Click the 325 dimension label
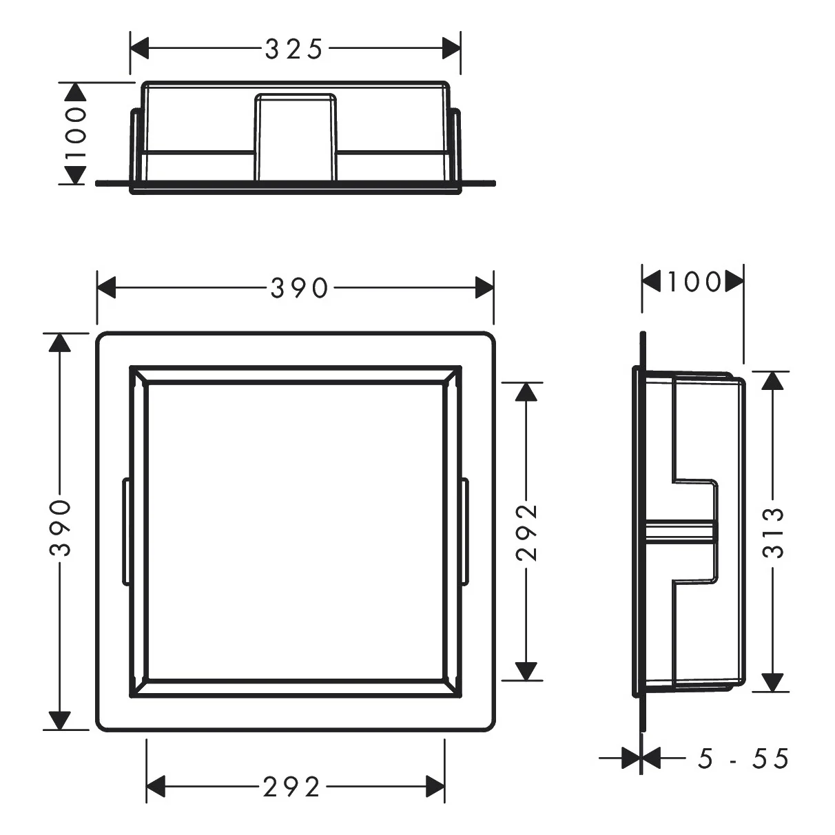(x=294, y=49)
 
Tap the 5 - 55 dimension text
(x=743, y=759)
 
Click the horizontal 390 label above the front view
(x=300, y=288)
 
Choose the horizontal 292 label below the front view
(x=292, y=786)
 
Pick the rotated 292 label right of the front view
(x=527, y=533)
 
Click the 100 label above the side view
(x=693, y=282)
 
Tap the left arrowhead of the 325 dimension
(x=139, y=49)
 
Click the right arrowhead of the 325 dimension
(x=451, y=49)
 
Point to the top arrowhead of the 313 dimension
(x=774, y=381)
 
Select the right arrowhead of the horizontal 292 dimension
(x=435, y=786)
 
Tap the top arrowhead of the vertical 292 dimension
(x=526, y=392)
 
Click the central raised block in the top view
(x=296, y=138)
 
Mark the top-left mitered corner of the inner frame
(x=138, y=375)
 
